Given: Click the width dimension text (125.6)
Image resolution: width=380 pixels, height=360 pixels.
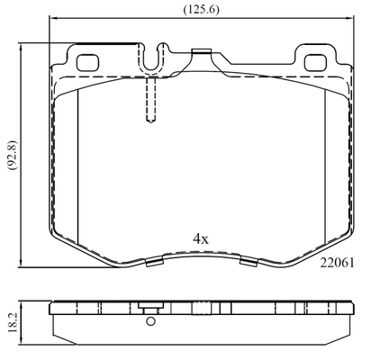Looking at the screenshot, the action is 201,10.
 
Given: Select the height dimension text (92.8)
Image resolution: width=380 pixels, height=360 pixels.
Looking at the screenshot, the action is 14,156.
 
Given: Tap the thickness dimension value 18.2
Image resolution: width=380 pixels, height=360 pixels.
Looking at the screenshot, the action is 13,322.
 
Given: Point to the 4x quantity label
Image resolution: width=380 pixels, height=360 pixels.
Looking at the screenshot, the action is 201,239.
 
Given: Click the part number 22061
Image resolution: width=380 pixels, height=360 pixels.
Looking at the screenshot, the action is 337,263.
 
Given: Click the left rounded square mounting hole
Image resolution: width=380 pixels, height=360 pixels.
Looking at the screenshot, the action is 87,63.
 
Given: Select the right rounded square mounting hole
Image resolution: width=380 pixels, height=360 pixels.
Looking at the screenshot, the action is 315,63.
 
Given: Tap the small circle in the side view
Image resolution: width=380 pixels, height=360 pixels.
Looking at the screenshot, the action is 150,321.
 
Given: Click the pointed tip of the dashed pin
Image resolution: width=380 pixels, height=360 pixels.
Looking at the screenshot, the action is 151,121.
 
